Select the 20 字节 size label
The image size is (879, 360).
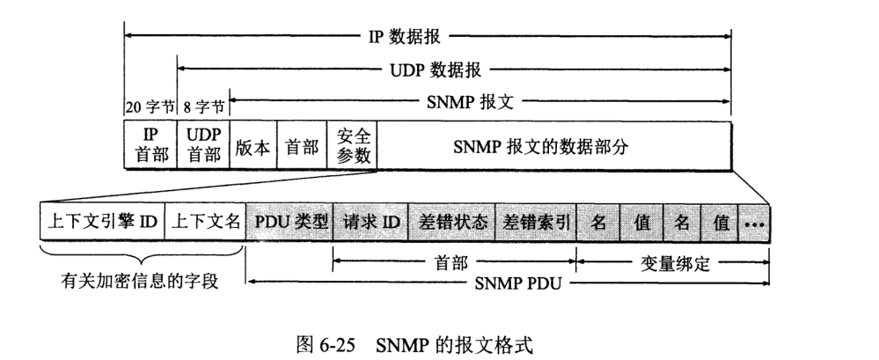(150, 109)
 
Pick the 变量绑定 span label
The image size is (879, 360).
(673, 261)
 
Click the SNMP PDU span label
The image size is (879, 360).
(520, 283)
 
